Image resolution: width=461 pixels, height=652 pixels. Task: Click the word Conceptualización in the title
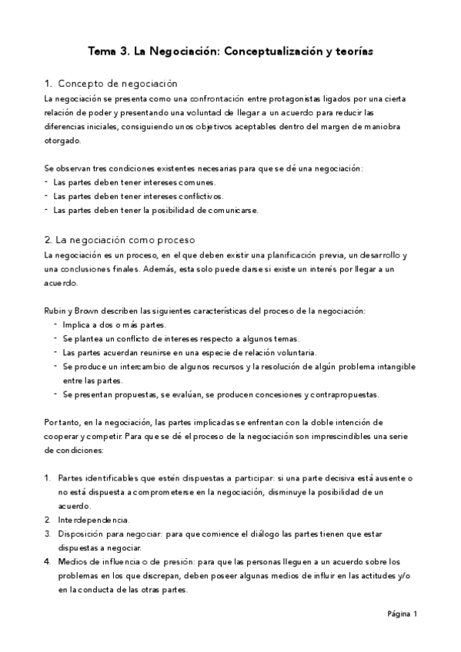[x=273, y=51]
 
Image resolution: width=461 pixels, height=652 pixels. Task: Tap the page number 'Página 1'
[x=401, y=614]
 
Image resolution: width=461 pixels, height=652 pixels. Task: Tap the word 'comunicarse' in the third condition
[x=231, y=210]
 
